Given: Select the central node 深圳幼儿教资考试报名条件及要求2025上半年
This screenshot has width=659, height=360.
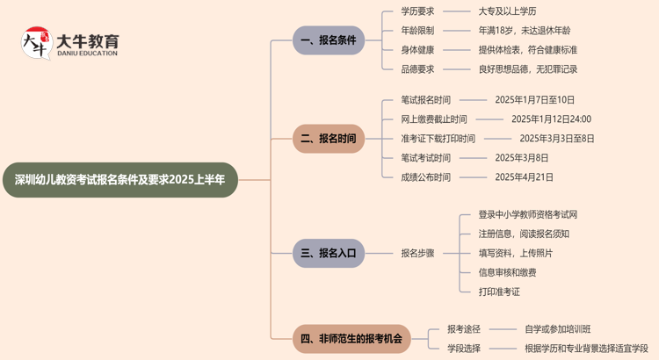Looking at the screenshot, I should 119,179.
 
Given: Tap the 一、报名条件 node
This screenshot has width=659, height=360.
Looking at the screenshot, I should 329,40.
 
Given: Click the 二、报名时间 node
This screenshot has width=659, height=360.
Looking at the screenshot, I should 329,139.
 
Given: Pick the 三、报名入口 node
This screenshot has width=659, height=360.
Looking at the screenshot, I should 329,253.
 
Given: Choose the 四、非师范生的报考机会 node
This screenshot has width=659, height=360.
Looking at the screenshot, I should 351,338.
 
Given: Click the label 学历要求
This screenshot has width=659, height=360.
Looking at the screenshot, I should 417,11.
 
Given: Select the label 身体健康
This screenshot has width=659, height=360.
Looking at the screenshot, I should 417,50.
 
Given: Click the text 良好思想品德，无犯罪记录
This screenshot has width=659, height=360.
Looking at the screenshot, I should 527,69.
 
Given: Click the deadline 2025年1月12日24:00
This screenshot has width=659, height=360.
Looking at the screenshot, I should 551,119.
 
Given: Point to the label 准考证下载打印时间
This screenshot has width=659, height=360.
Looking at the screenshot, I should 438,139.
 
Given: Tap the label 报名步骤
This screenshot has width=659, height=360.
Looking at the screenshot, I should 417,253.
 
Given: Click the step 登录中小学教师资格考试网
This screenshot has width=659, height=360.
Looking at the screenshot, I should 527,214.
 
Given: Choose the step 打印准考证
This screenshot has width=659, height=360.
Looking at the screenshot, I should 499,292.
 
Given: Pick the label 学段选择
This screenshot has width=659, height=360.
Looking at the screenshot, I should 463,349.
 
